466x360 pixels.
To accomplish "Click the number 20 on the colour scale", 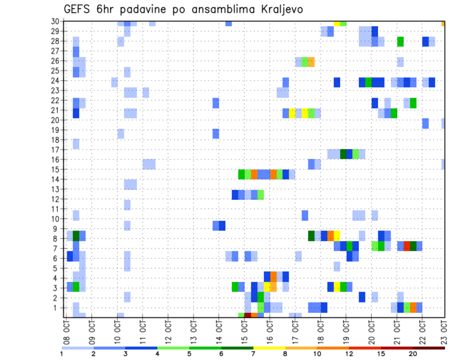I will (x=413, y=354).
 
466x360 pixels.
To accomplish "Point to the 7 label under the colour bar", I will (x=253, y=354).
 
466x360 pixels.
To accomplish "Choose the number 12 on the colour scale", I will (x=349, y=354).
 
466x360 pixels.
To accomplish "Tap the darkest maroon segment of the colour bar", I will (x=429, y=348).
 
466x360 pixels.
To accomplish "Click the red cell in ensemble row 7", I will (x=407, y=246).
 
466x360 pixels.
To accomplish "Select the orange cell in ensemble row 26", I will (x=311, y=62).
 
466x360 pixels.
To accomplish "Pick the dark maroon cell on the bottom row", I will (x=248, y=315).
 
